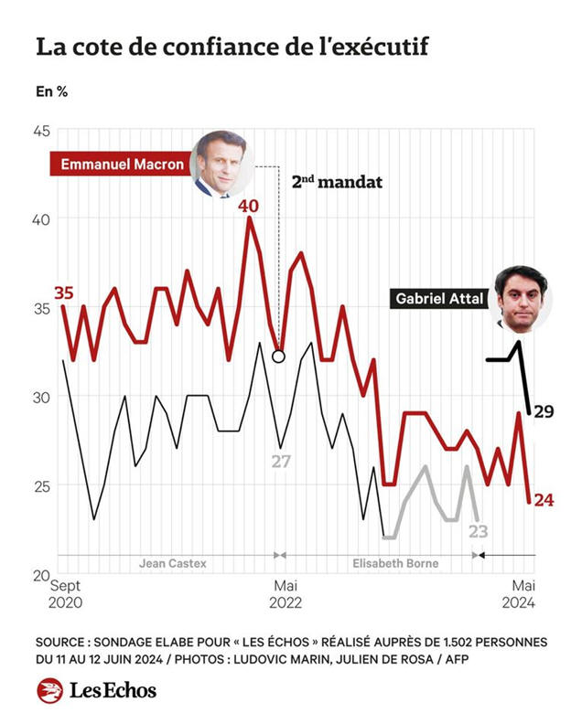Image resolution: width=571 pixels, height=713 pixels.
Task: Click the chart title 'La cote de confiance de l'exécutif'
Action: point(232,47)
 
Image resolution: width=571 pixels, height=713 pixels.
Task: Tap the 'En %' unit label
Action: point(51,91)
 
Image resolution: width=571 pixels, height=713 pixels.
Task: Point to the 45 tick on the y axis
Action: point(41,131)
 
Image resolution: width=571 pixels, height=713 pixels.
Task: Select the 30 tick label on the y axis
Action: point(41,397)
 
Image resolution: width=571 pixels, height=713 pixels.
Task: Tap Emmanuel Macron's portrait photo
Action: point(221,165)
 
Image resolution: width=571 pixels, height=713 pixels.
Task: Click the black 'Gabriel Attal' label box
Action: point(438,298)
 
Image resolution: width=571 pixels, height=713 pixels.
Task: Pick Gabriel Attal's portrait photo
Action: point(521,298)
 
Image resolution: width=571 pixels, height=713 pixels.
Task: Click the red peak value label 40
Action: point(248,206)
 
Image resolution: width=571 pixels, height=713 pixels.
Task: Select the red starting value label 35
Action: point(63,293)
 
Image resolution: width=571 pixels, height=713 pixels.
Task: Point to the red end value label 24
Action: point(544,500)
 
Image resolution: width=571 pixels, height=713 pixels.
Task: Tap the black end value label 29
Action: point(544,412)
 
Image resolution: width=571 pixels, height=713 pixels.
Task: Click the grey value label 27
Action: point(280,462)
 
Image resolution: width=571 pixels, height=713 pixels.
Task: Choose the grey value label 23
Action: point(478,531)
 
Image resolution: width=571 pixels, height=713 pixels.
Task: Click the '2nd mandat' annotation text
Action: point(337,181)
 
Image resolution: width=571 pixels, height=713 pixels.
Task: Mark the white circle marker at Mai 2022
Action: point(278,356)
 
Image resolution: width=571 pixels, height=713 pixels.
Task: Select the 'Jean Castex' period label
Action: point(172,563)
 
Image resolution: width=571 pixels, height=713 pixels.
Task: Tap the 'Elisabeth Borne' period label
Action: point(395,563)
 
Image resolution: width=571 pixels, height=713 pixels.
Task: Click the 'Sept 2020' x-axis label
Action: point(66,593)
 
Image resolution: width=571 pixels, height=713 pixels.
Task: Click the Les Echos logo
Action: point(97,690)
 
